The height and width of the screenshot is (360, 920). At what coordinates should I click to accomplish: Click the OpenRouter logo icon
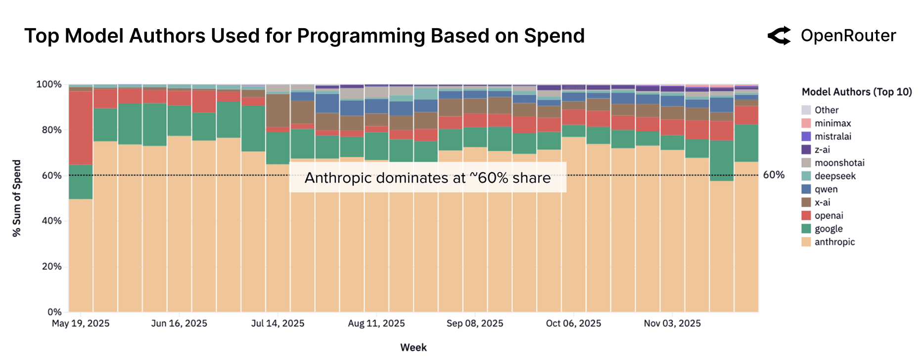pyautogui.click(x=779, y=36)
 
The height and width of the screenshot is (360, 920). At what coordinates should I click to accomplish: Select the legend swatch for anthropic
pyautogui.click(x=806, y=242)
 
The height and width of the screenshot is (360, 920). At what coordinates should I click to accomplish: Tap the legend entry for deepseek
pyautogui.click(x=835, y=176)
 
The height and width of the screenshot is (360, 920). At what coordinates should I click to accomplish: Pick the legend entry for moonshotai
pyautogui.click(x=839, y=163)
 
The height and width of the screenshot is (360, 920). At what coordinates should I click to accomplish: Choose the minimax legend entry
pyautogui.click(x=832, y=123)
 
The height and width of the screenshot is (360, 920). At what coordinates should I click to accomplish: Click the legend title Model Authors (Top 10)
pyautogui.click(x=856, y=92)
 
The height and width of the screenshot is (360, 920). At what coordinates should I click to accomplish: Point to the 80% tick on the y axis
pyautogui.click(x=51, y=130)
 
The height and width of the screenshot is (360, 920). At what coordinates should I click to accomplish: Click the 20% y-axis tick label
pyautogui.click(x=51, y=267)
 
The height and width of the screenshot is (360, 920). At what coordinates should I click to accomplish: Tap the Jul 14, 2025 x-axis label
pyautogui.click(x=277, y=323)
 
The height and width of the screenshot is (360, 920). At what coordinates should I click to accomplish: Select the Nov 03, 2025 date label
pyautogui.click(x=672, y=323)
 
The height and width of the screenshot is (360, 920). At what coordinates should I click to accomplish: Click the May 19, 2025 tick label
pyautogui.click(x=81, y=323)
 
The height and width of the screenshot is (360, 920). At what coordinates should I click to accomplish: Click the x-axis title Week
pyautogui.click(x=413, y=347)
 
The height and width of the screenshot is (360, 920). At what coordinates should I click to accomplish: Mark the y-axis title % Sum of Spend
pyautogui.click(x=17, y=198)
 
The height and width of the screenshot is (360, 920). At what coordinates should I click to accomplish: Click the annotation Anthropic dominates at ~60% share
pyautogui.click(x=427, y=178)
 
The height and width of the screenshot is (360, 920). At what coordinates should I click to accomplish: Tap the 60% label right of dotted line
pyautogui.click(x=774, y=175)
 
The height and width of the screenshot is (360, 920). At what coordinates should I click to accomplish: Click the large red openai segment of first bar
pyautogui.click(x=81, y=128)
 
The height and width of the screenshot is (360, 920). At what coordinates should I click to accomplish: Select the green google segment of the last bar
pyautogui.click(x=746, y=143)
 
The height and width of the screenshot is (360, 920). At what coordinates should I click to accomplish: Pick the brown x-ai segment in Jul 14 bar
pyautogui.click(x=277, y=110)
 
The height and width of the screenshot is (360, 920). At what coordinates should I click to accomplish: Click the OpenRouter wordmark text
pyautogui.click(x=848, y=36)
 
